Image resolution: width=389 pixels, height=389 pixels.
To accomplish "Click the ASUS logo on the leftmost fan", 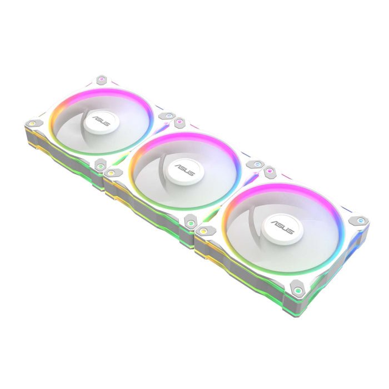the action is point(101,121).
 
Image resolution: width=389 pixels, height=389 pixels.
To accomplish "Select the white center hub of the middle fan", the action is point(184,171).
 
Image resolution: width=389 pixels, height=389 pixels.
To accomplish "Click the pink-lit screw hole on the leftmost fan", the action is point(101,79).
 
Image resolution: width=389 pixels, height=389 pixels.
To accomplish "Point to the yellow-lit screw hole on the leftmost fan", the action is point(32,123).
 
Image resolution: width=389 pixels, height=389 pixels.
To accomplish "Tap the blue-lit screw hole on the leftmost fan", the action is point(169,116).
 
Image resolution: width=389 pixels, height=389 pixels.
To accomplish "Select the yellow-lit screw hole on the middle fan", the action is point(111,172).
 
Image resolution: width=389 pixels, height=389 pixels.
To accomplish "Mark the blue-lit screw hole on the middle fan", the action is point(257,164).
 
